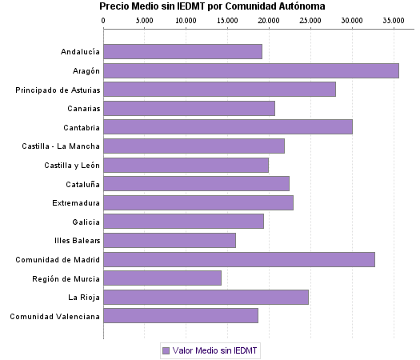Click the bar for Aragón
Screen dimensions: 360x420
[x=250, y=70]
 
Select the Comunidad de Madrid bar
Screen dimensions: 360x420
[x=238, y=259]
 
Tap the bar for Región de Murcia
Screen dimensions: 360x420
[x=162, y=278]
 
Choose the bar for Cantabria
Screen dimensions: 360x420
[x=227, y=127]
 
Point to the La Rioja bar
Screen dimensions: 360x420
[x=206, y=298]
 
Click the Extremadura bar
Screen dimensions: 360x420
[x=198, y=202]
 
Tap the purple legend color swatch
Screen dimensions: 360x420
[x=166, y=350]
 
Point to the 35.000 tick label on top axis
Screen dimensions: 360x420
[x=393, y=20]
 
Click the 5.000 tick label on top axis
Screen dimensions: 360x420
[x=144, y=20]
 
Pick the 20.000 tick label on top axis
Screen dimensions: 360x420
[x=269, y=20]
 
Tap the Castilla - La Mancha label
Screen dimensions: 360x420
[x=62, y=146]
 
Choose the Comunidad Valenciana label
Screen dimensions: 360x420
[x=54, y=316]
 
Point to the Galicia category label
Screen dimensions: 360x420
[x=86, y=222]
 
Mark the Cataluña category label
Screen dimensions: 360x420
[x=83, y=184]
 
